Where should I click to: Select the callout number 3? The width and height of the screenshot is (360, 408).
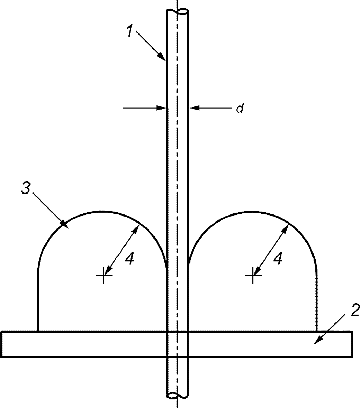pyautogui.click(x=26, y=188)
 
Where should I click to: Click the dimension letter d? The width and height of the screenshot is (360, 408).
pyautogui.click(x=240, y=108)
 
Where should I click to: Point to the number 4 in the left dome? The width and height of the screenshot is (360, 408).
pyautogui.click(x=129, y=259)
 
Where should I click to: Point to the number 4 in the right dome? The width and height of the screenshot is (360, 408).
pyautogui.click(x=278, y=259)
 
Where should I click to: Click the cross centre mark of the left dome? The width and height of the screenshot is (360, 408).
pyautogui.click(x=104, y=275)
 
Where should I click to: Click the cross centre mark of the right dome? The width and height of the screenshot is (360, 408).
pyautogui.click(x=253, y=275)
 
